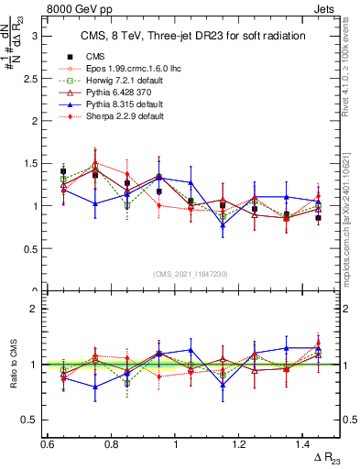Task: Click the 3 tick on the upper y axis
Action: pyautogui.click(x=37, y=36)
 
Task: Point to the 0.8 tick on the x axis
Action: pyautogui.click(x=111, y=443)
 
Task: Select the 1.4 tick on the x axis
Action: pyautogui.click(x=304, y=443)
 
